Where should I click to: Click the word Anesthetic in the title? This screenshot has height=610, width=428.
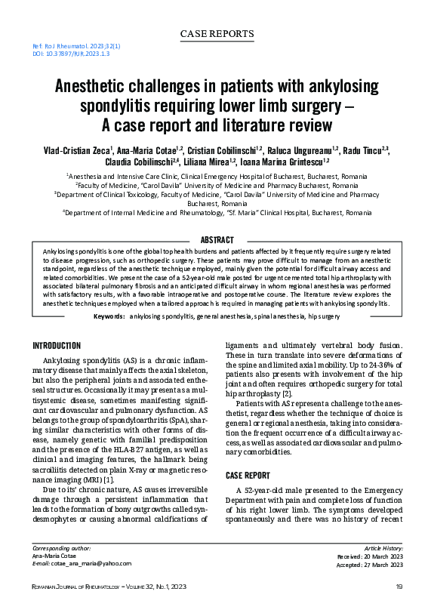tap(94, 87)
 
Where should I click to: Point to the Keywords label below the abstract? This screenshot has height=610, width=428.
tap(109, 315)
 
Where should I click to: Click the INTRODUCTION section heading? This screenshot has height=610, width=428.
tap(57, 346)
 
